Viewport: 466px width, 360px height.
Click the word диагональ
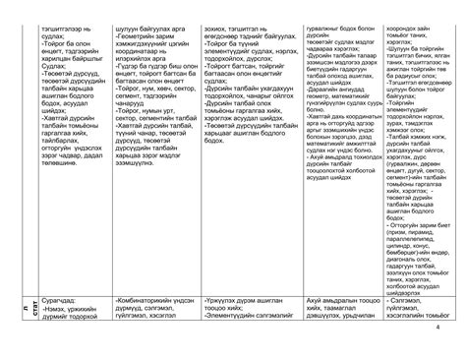(x=412, y=156)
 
